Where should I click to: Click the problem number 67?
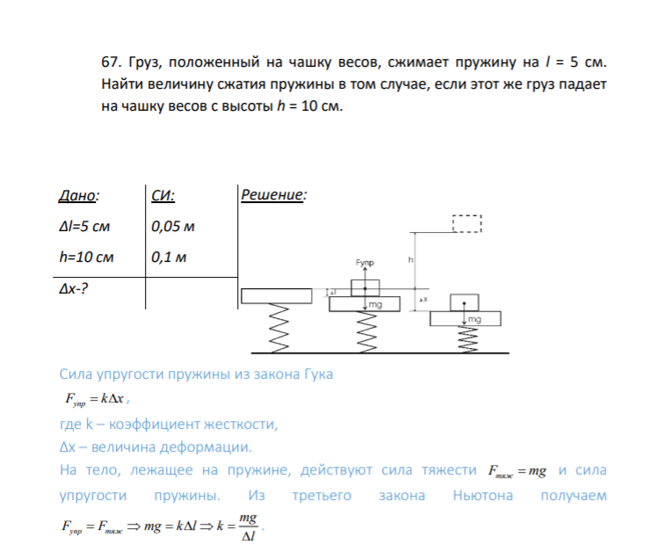pyautogui.click(x=111, y=62)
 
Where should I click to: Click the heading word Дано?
pyautogui.click(x=77, y=195)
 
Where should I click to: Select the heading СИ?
pyautogui.click(x=162, y=195)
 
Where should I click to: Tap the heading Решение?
pyautogui.click(x=272, y=194)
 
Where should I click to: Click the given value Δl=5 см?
pyautogui.click(x=84, y=227)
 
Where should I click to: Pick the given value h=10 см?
pyautogui.click(x=86, y=257)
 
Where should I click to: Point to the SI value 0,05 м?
pyautogui.click(x=173, y=227)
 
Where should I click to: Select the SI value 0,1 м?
pyautogui.click(x=169, y=257)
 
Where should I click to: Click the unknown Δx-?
pyautogui.click(x=74, y=288)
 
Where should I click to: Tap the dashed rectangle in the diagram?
pyautogui.click(x=467, y=215)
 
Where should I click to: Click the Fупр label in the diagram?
pyautogui.click(x=365, y=263)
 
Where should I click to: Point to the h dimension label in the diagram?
pyautogui.click(x=410, y=260)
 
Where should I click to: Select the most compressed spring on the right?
pyautogui.click(x=467, y=339)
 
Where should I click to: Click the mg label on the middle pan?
pyautogui.click(x=375, y=304)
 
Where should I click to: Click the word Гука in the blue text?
pyautogui.click(x=318, y=374)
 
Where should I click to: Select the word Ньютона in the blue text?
pyautogui.click(x=483, y=496)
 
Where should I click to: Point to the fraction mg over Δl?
pyautogui.click(x=248, y=527)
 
